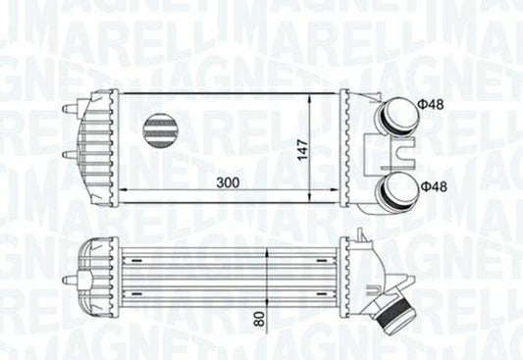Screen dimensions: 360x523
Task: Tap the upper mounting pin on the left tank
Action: click(68, 107)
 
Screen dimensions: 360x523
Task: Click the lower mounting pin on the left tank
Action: click(68, 154)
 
